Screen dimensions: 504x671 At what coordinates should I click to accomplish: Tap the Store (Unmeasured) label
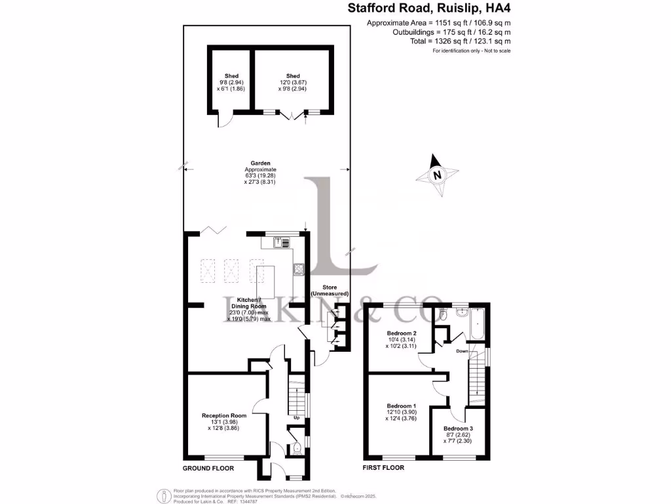(x=330, y=290)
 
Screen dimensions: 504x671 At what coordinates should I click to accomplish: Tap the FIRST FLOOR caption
(x=383, y=468)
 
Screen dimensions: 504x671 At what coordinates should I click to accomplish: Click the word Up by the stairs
(x=296, y=418)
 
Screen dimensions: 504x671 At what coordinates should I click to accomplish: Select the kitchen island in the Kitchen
(x=269, y=282)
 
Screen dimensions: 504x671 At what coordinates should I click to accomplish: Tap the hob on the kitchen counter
(x=299, y=268)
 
